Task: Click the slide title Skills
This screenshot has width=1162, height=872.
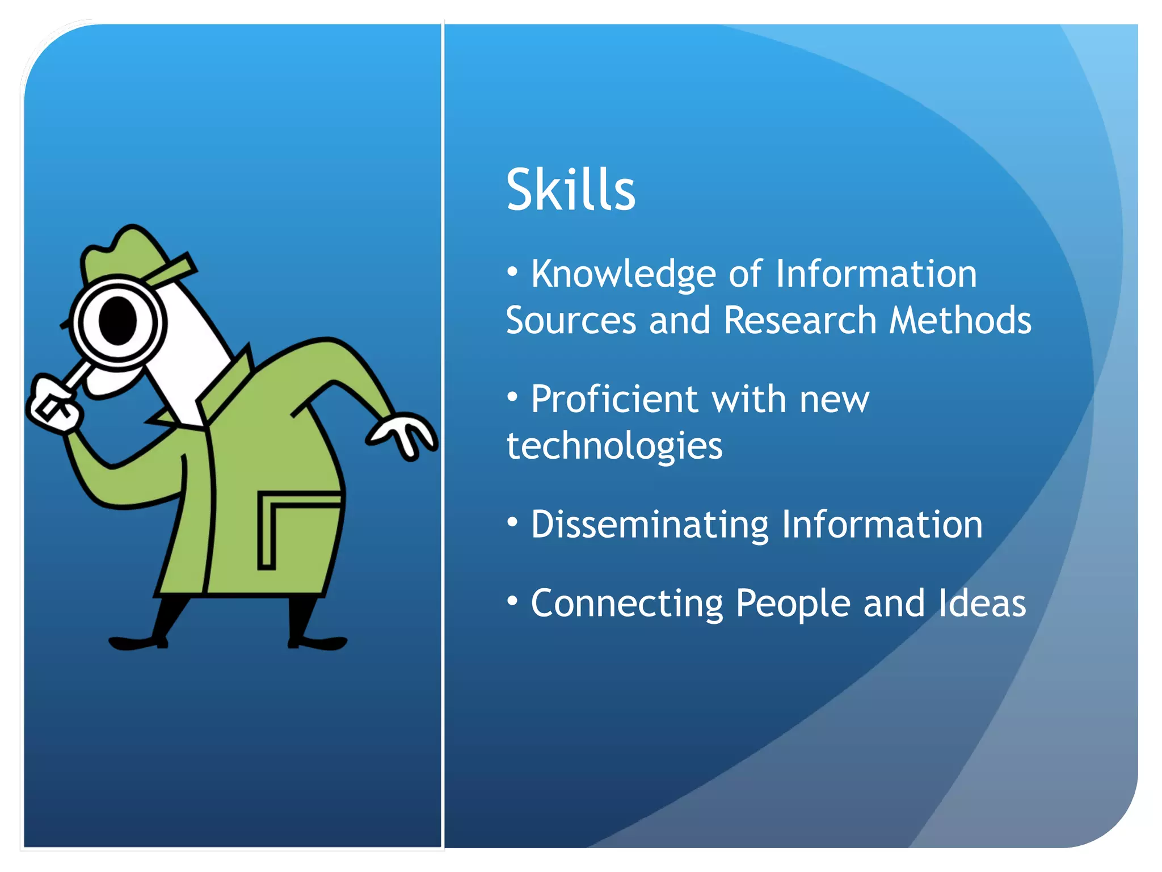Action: pyautogui.click(x=570, y=190)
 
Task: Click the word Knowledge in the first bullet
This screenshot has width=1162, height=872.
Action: pyautogui.click(x=623, y=275)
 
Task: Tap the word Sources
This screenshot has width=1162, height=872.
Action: pyautogui.click(x=570, y=321)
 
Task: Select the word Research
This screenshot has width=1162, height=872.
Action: pyautogui.click(x=800, y=321)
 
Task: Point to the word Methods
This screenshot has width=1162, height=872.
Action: pyautogui.click(x=960, y=321)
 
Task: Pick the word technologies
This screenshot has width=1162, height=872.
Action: pyautogui.click(x=614, y=446)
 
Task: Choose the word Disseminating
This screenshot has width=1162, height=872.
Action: pyautogui.click(x=650, y=524)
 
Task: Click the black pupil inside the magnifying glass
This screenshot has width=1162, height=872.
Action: pyautogui.click(x=118, y=321)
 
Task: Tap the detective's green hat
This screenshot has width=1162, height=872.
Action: pyautogui.click(x=128, y=253)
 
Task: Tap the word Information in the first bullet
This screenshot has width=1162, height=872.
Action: pyautogui.click(x=876, y=275)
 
